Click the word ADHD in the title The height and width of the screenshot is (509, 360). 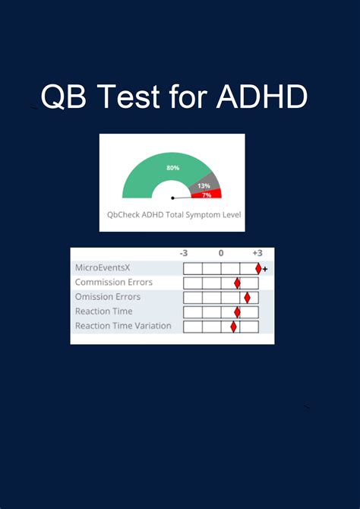point(262,96)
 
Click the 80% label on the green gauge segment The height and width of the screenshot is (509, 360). point(173,167)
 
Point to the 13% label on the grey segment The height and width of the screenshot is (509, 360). point(204,185)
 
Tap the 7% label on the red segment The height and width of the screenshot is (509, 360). point(207,195)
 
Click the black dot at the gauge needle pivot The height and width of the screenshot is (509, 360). point(172,198)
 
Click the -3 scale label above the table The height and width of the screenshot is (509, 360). point(184,253)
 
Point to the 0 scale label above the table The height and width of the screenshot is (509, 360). point(221,253)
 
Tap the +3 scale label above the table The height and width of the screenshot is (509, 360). point(257,253)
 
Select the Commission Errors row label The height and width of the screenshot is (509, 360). point(113,283)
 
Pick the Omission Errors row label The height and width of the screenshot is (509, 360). point(109,297)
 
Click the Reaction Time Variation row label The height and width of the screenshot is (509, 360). point(123,326)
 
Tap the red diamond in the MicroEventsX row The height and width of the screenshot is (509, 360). point(258,268)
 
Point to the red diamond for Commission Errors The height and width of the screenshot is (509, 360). point(237,283)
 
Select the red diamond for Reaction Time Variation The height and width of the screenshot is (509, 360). point(233,327)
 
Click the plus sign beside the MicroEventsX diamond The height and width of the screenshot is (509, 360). point(265,269)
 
